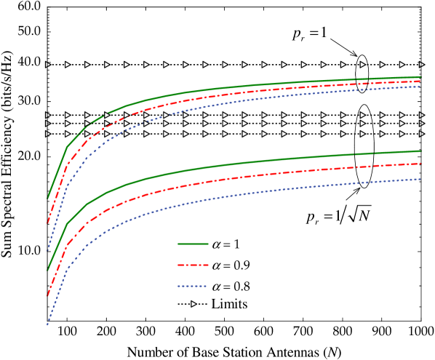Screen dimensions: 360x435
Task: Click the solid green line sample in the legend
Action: coord(193,244)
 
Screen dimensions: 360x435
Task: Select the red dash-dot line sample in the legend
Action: coord(193,265)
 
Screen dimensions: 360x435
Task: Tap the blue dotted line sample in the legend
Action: coord(193,287)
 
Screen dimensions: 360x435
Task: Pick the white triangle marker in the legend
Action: coord(193,304)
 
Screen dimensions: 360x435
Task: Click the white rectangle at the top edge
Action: coord(250,3)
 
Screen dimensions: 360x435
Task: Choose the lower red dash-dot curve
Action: coord(218,180)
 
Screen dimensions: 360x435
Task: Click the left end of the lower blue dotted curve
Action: coord(48,324)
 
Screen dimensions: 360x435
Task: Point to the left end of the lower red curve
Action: coord(48,295)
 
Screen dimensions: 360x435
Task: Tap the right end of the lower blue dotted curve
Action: coord(420,179)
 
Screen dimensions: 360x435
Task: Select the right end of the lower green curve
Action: coord(420,151)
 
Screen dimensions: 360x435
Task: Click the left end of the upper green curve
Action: coord(48,198)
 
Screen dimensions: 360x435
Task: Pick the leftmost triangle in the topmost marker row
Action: coord(48,65)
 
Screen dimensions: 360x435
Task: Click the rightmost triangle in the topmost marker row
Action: coord(421,65)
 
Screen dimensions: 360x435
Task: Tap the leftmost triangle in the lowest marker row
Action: coord(48,134)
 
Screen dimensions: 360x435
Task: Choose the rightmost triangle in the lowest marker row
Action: coord(421,134)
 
